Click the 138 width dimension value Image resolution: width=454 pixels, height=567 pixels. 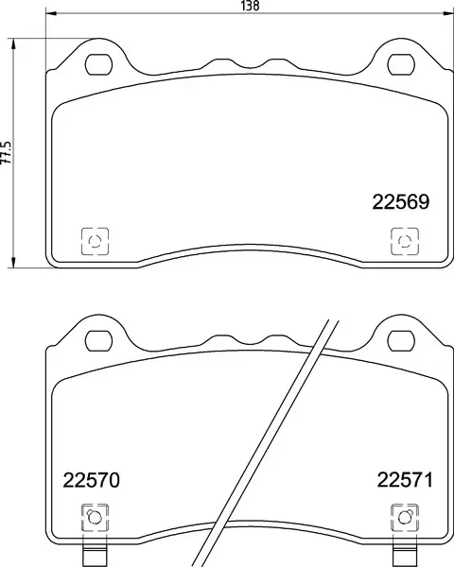(x=250, y=6)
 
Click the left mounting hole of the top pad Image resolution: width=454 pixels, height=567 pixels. (x=97, y=65)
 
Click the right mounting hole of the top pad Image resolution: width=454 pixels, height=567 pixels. (x=400, y=65)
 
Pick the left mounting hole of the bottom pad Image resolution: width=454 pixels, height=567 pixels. (x=97, y=340)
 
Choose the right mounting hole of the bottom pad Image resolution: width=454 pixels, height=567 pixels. (x=400, y=340)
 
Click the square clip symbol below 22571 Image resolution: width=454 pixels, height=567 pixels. (x=403, y=517)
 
